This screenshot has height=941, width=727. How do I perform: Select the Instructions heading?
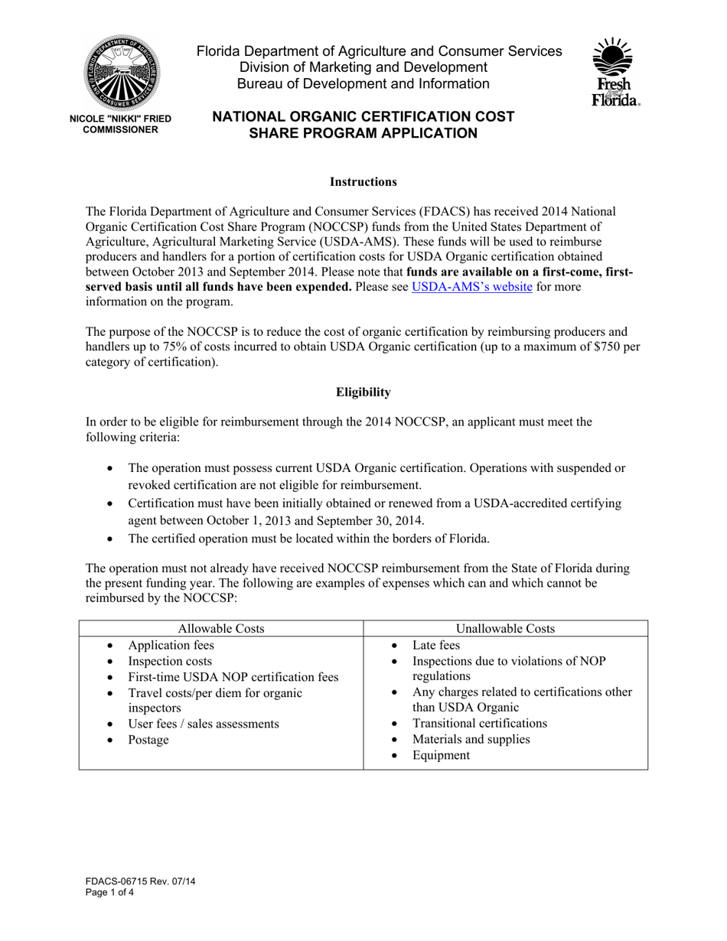[x=363, y=182]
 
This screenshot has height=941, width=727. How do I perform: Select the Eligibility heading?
[x=363, y=392]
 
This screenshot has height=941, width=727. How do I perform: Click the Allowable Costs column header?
[x=220, y=629]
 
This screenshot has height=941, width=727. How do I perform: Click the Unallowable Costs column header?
[x=505, y=629]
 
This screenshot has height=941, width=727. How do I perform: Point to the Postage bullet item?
[x=148, y=740]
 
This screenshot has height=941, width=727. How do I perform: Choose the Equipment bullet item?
[x=441, y=755]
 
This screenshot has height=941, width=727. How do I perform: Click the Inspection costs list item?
[x=170, y=661]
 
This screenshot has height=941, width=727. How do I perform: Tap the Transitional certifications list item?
[x=480, y=724]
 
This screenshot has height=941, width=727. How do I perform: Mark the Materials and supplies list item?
[x=471, y=740]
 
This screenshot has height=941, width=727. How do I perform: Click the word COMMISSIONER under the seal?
[x=120, y=130]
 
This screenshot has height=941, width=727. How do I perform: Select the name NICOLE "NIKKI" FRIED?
[x=120, y=119]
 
